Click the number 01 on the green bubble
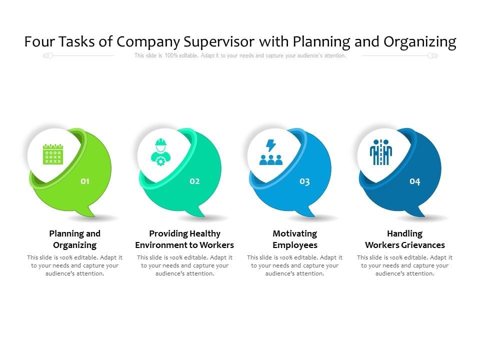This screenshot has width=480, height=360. pyautogui.click(x=85, y=181)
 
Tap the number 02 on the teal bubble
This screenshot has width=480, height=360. pyautogui.click(x=194, y=181)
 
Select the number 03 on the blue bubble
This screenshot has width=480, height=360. pyautogui.click(x=304, y=181)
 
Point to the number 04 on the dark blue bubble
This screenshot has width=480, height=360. pyautogui.click(x=415, y=181)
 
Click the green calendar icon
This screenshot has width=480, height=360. pyautogui.click(x=52, y=154)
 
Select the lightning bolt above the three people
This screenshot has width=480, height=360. pyautogui.click(x=270, y=145)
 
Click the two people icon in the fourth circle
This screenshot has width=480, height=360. pyautogui.click(x=381, y=152)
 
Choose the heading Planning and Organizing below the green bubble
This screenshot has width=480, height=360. pyautogui.click(x=75, y=239)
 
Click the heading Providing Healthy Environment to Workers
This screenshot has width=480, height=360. pyautogui.click(x=184, y=239)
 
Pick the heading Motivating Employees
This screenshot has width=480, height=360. pyautogui.click(x=295, y=239)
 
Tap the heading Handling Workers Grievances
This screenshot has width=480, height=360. pyautogui.click(x=405, y=239)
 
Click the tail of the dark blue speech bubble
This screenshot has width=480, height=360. pyautogui.click(x=419, y=212)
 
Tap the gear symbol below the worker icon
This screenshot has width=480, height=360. pyautogui.click(x=160, y=161)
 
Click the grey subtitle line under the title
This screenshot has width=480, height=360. pyautogui.click(x=240, y=56)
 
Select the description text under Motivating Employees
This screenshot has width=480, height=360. pyautogui.click(x=295, y=265)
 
